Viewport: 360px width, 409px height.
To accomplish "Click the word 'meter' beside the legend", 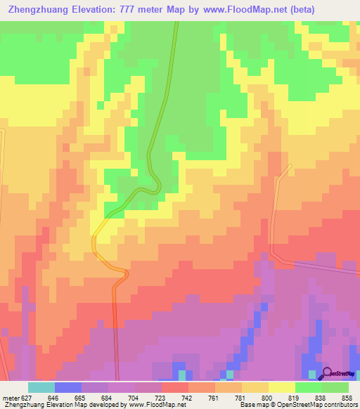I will point(8,396).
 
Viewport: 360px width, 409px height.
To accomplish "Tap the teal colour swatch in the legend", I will point(41,387).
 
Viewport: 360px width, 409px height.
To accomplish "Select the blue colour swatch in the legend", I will point(68,387).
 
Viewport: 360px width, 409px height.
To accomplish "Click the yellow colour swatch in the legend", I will point(281,387).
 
